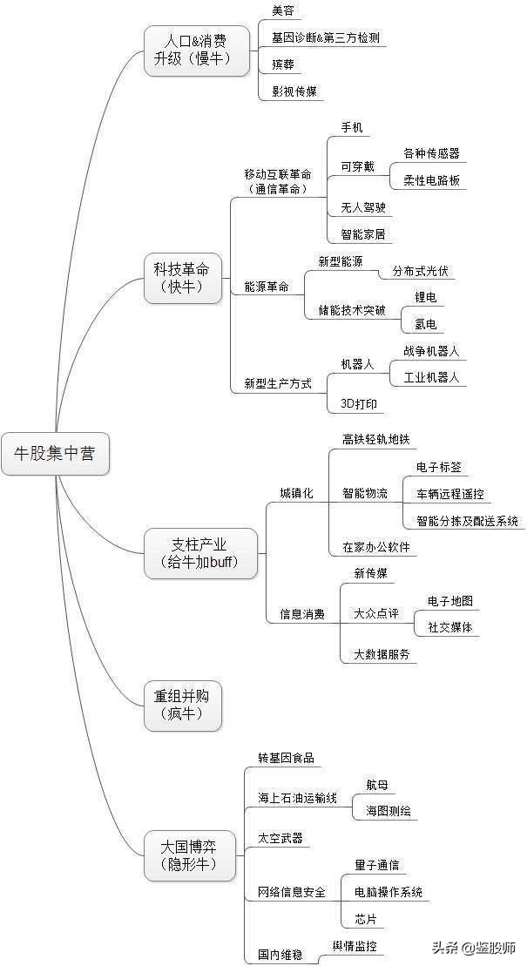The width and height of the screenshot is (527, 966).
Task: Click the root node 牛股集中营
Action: coord(55,453)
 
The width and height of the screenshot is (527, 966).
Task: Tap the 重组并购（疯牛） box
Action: coord(182,705)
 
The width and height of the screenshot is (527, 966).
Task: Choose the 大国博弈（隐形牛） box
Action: coord(189,855)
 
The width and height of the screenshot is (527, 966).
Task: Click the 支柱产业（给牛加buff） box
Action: coord(200,552)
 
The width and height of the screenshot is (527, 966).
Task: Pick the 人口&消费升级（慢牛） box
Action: coord(196,50)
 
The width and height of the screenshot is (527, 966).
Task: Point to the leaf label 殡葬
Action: coord(282,64)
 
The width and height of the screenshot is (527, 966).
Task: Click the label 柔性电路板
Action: coord(431,181)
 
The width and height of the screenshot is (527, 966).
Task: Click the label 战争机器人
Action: coord(430,351)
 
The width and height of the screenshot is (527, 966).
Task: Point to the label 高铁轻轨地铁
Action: coord(375,439)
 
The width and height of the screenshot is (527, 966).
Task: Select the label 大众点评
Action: coord(375,613)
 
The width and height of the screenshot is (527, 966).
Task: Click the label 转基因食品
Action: coord(286,758)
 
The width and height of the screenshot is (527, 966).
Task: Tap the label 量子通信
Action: coord(377,865)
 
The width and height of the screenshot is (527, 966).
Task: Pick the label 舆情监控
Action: coord(355,946)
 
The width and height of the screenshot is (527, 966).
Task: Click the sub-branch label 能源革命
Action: coord(267,287)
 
